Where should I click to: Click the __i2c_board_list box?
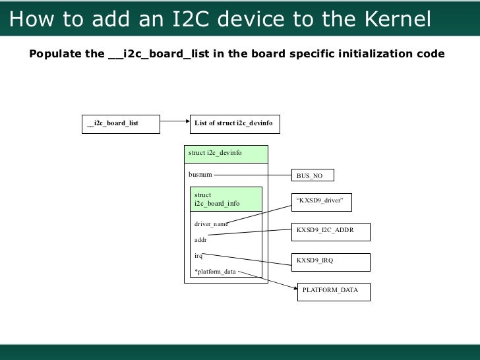120,123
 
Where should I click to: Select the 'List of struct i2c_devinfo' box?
235,123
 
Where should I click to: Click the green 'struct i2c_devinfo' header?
226,154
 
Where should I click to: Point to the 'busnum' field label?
200,175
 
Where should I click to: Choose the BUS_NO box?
313,175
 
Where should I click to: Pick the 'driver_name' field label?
210,224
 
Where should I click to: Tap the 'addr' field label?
200,240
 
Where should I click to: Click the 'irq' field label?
198,255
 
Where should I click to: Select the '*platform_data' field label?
214,271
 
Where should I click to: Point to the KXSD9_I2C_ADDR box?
330,231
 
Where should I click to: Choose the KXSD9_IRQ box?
330,262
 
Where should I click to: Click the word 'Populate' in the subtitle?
55,53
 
